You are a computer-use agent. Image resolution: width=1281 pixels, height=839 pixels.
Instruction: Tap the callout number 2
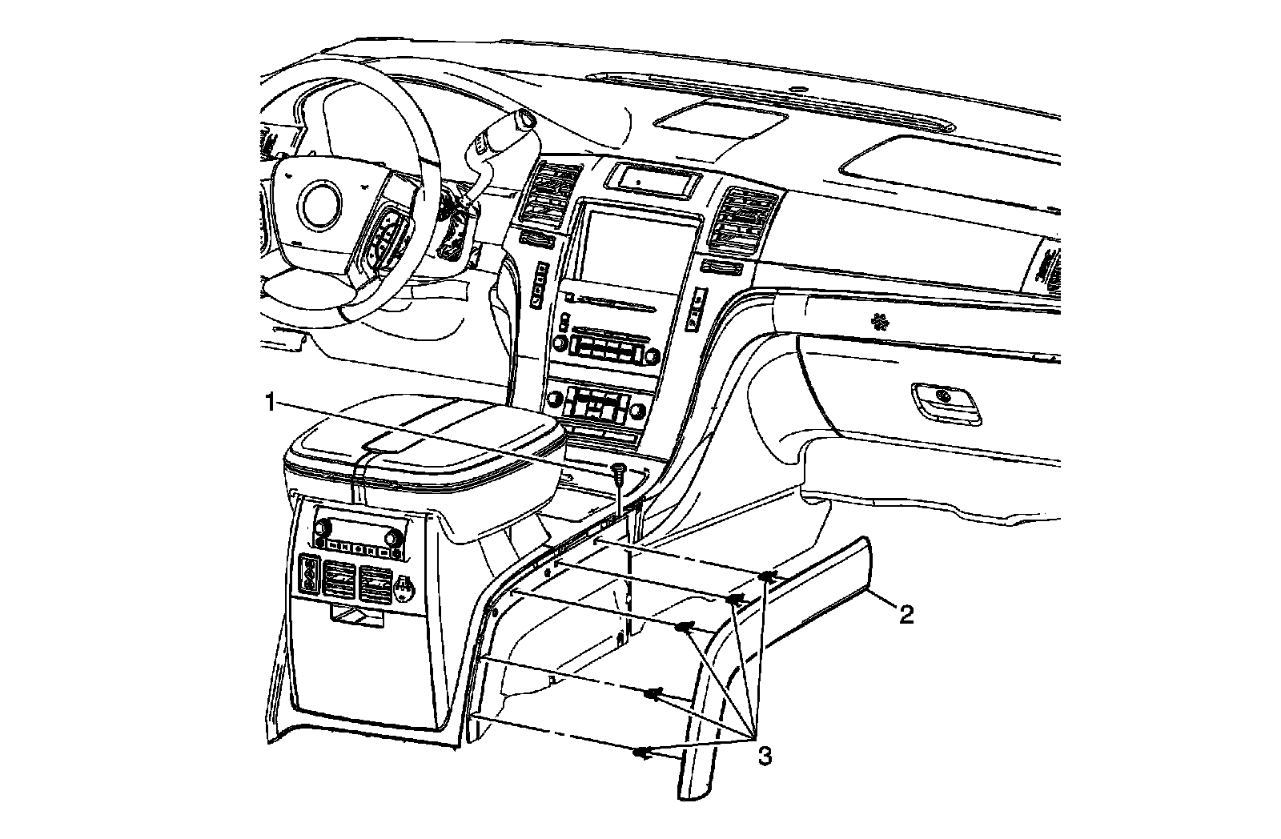905,615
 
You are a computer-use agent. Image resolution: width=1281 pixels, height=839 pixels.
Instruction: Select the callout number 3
765,756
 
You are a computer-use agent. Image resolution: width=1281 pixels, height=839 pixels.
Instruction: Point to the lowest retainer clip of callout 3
641,752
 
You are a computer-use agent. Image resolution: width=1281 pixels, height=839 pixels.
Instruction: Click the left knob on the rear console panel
323,529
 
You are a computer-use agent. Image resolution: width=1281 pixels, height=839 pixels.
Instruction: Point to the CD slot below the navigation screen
612,303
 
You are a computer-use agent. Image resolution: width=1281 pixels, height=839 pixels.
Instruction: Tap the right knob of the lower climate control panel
638,412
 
